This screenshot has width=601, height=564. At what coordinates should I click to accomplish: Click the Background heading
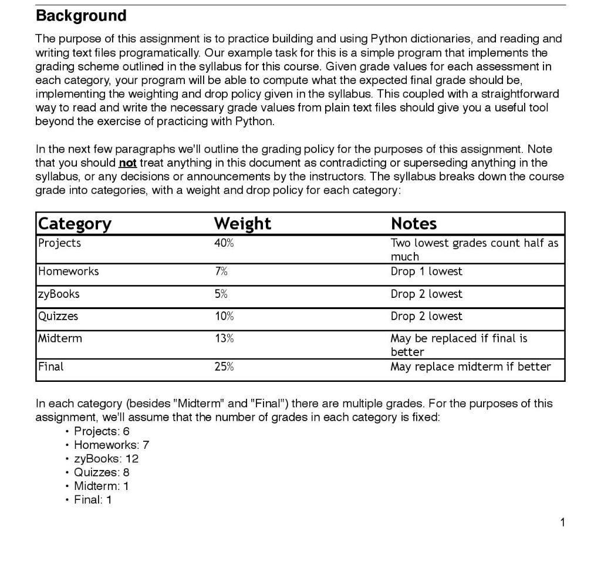[81, 16]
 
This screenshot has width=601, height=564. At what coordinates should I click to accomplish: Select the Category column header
[75, 224]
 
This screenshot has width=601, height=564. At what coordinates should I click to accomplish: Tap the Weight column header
[242, 224]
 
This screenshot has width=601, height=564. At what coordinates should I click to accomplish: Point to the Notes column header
[414, 224]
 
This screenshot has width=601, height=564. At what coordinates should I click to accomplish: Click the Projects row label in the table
[60, 243]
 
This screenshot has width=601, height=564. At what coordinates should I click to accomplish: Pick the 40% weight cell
[224, 243]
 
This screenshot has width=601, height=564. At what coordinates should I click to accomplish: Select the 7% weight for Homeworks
[221, 271]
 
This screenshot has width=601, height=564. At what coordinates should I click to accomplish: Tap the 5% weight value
[221, 294]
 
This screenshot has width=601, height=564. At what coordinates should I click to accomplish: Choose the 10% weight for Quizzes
[224, 316]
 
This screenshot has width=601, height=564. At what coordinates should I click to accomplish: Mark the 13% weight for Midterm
[224, 338]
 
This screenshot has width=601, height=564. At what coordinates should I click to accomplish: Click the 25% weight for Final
[224, 367]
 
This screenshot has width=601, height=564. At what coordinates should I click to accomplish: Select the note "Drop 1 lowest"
[426, 271]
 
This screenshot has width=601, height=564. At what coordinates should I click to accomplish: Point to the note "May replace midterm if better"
[470, 367]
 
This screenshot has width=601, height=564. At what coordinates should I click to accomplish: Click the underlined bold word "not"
[127, 163]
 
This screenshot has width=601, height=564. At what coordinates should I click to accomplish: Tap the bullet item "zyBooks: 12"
[106, 459]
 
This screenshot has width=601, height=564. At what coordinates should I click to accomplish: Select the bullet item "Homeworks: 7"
[112, 445]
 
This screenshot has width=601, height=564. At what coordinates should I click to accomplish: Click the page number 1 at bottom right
[562, 523]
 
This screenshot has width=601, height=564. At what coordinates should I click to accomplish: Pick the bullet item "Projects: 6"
[102, 432]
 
